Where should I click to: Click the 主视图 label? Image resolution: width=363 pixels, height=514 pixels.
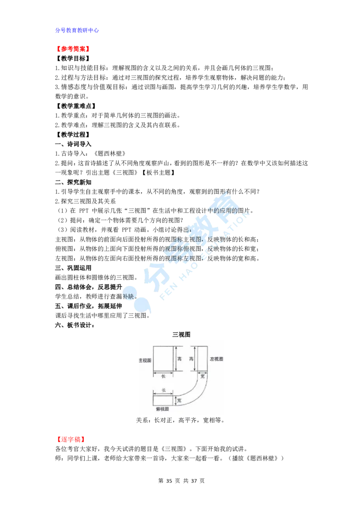[x=145, y=360]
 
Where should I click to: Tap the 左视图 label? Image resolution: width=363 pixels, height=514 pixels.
[x=216, y=359]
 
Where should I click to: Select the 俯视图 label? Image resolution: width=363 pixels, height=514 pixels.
[x=162, y=409]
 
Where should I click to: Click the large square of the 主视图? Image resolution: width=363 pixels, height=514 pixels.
[x=163, y=359]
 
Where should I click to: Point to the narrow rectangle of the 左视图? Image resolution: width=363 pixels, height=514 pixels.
[x=203, y=359]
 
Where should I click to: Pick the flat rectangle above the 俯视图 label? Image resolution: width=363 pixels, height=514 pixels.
[x=163, y=400]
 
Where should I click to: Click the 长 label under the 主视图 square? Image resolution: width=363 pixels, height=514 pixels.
[x=163, y=376]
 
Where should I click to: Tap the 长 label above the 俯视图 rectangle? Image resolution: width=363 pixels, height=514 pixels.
[x=163, y=390]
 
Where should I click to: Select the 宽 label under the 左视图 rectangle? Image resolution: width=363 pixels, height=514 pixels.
[x=203, y=376]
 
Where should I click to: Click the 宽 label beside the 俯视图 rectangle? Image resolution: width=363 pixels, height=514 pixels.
[x=180, y=400]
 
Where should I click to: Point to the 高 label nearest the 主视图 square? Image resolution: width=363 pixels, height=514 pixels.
[x=179, y=359]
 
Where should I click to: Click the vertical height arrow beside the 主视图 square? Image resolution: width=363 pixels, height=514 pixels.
[x=175, y=359]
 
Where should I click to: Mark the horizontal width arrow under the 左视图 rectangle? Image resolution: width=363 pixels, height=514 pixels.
[x=203, y=374]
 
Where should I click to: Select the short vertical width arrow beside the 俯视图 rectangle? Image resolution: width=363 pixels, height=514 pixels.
[x=175, y=400]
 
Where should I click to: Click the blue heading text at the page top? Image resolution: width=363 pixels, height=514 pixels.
[x=78, y=30]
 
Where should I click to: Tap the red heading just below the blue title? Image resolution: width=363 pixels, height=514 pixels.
[x=73, y=49]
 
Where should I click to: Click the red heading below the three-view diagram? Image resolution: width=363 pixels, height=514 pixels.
[x=71, y=440]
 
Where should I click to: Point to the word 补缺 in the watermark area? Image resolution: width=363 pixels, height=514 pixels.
[x=128, y=296]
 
